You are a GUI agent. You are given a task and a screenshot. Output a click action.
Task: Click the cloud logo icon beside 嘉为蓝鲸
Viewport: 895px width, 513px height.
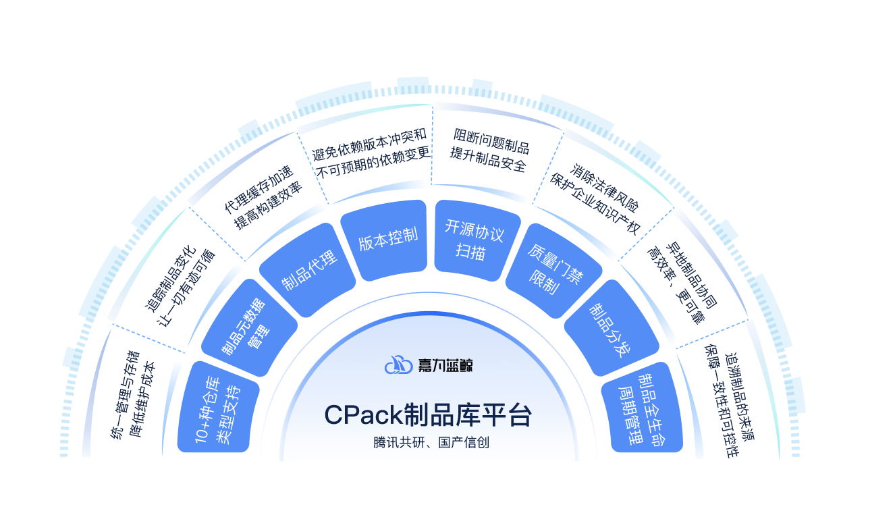coord(398,365)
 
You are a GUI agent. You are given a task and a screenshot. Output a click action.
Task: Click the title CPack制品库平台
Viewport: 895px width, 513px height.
coord(428,415)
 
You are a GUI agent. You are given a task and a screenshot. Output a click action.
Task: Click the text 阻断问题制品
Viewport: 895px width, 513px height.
coord(491,148)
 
